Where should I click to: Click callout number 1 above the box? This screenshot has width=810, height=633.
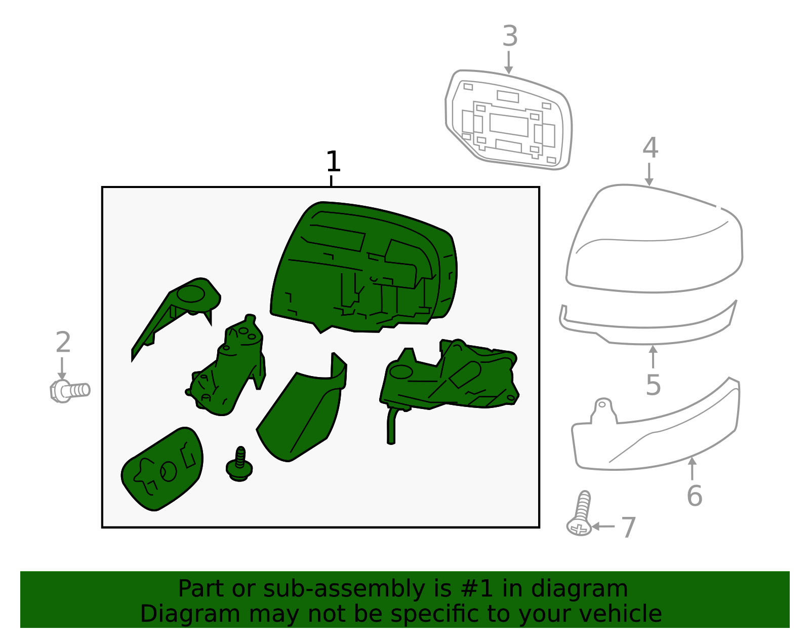(333, 161)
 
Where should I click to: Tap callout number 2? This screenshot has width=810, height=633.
(63, 342)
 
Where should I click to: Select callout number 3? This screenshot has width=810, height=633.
(510, 36)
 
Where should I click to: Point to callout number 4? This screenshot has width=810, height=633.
(650, 147)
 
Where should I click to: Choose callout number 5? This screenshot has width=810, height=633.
(653, 385)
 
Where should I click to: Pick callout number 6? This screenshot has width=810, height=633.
(694, 496)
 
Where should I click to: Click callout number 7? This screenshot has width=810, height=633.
(628, 528)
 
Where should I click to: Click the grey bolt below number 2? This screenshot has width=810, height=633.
(70, 391)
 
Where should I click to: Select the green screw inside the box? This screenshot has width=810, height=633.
(239, 464)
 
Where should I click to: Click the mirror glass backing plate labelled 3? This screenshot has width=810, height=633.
(508, 120)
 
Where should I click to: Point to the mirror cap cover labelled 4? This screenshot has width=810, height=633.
(654, 239)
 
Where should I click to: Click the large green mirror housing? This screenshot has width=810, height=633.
(364, 267)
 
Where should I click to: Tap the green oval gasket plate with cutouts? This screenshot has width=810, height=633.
(162, 469)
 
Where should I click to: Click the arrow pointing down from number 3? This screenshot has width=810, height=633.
(508, 63)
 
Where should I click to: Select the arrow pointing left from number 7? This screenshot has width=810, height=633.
(603, 527)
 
